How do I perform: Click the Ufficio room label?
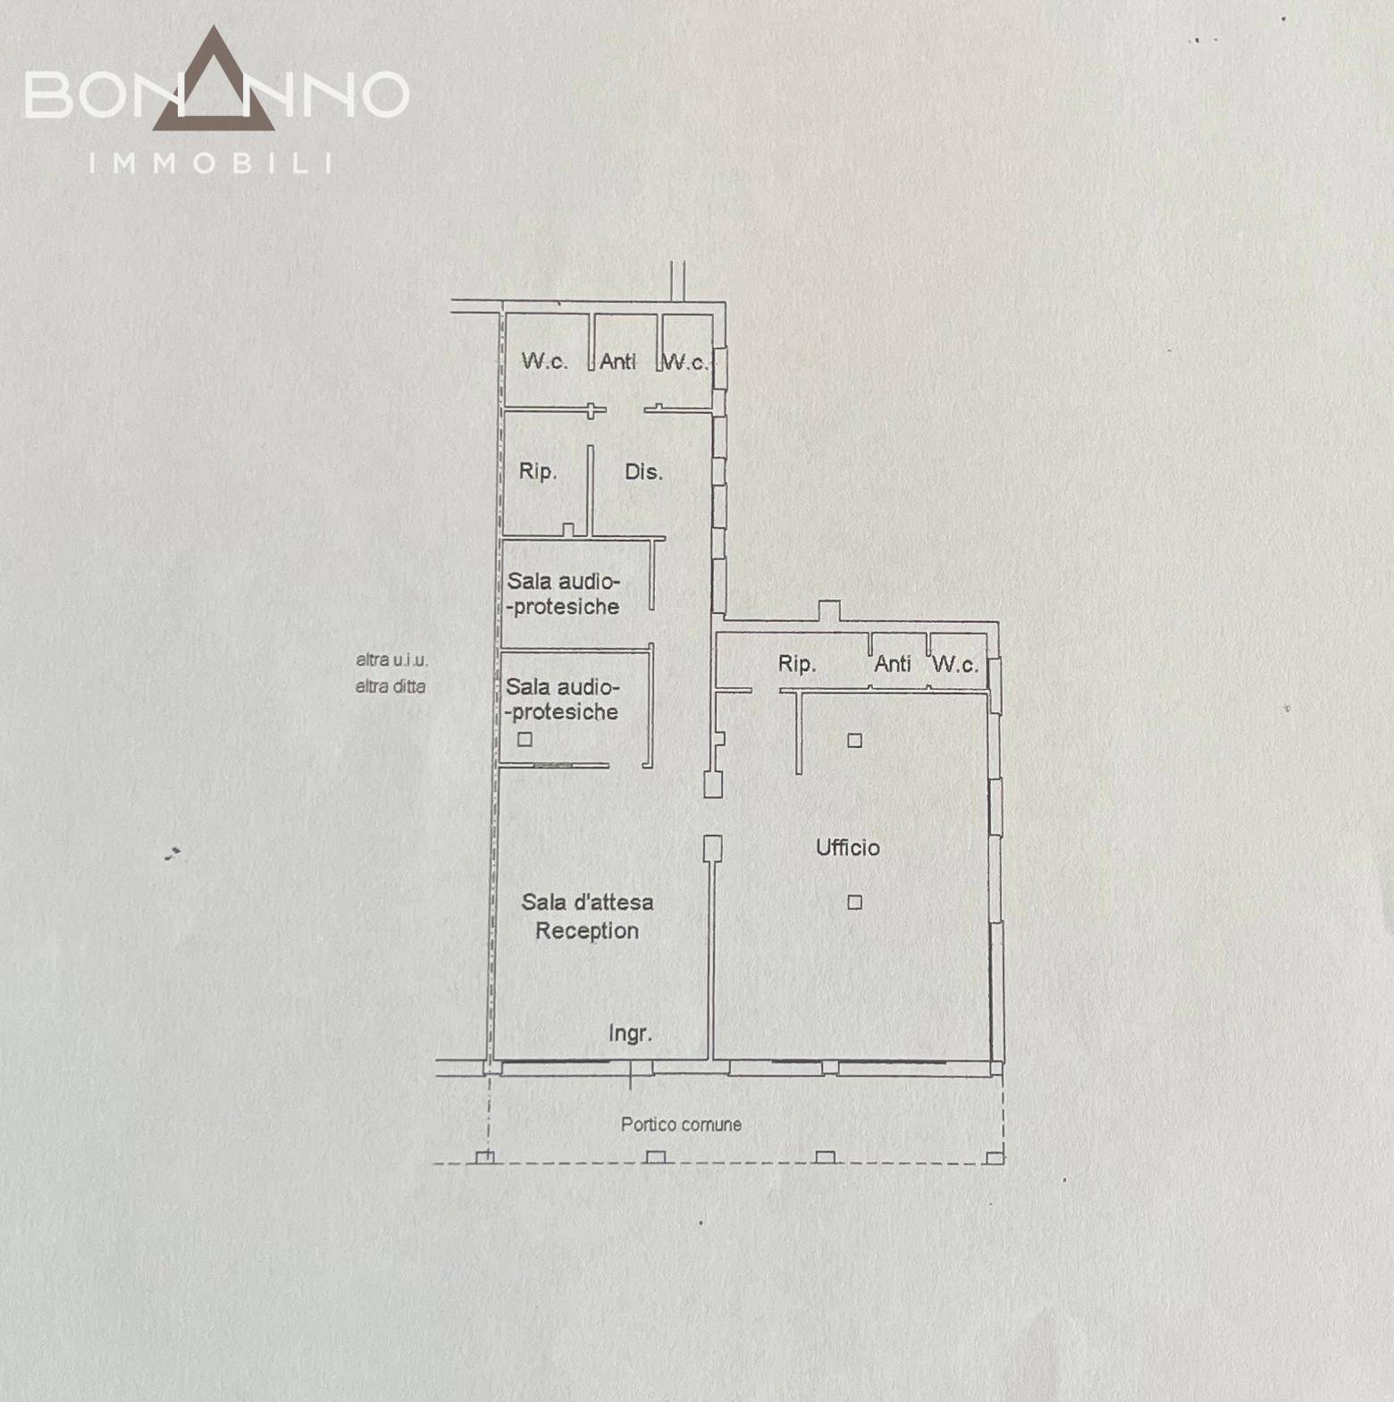[847, 847]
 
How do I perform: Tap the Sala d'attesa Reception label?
[587, 916]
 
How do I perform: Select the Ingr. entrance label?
[630, 1034]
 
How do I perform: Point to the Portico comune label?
[681, 1124]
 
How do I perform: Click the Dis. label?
[643, 472]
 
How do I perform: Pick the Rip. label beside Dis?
[538, 471]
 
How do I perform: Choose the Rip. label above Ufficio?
[796, 664]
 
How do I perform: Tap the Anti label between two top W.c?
[617, 361]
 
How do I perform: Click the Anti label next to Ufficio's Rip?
[893, 663]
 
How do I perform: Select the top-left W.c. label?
[544, 361]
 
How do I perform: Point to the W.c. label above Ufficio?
[955, 664]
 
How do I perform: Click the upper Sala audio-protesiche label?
[563, 594]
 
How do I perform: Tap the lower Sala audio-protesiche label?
[562, 700]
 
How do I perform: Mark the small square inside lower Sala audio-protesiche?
[525, 739]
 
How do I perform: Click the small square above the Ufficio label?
[855, 740]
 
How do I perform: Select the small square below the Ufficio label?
[855, 902]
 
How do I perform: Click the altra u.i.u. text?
[391, 660]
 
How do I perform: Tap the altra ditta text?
[390, 686]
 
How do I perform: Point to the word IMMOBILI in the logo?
[212, 164]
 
